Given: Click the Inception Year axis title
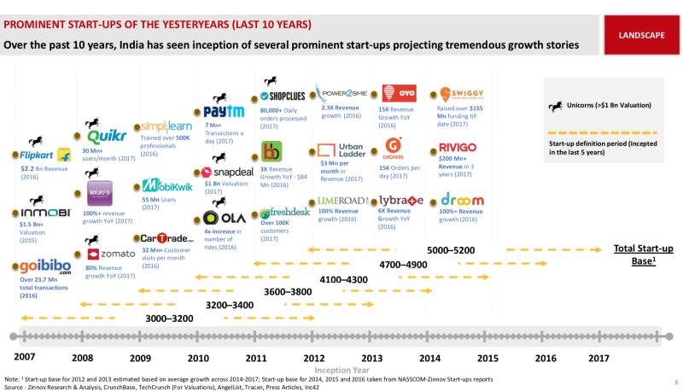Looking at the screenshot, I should (x=341, y=370).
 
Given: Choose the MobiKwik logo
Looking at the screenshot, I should (x=167, y=185).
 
